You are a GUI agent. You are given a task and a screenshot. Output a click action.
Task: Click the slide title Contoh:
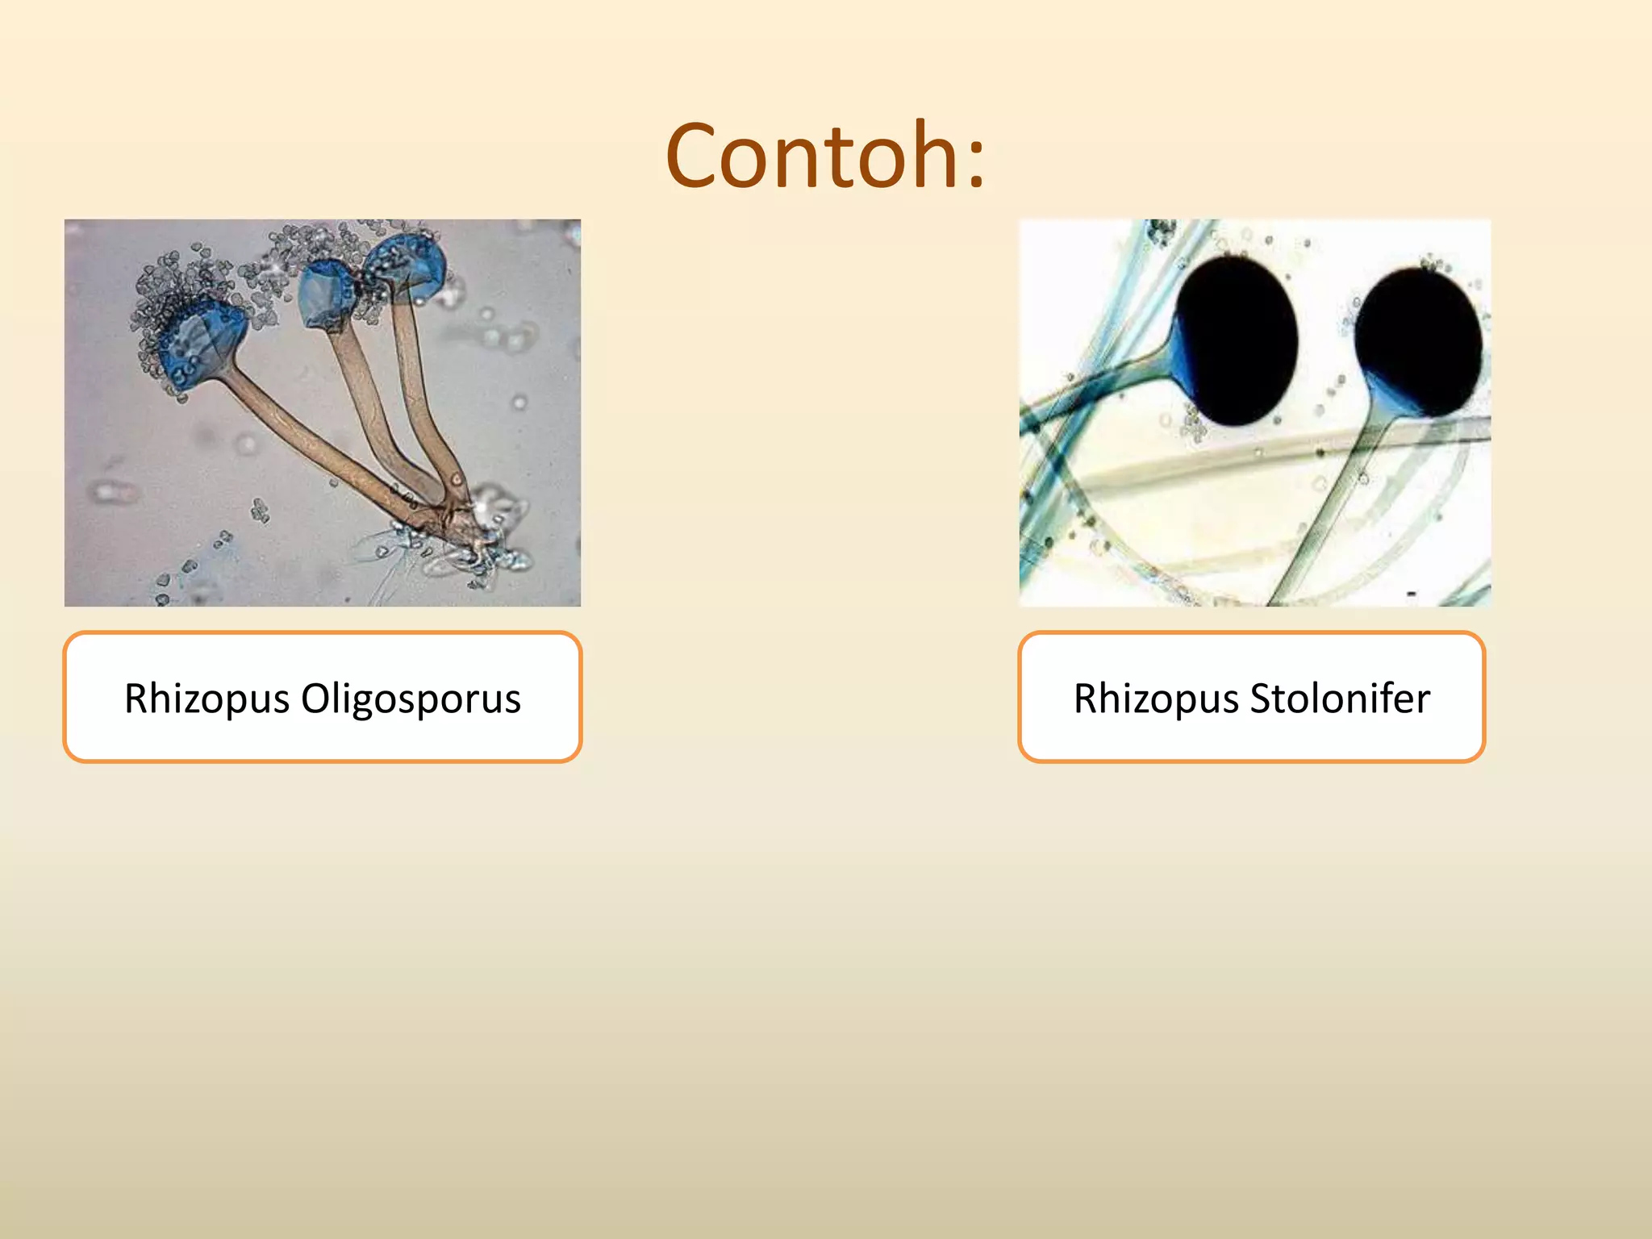tap(824, 155)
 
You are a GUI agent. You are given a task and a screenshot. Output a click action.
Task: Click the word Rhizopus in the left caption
tap(206, 699)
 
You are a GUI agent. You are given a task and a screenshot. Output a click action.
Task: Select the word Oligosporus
tap(411, 699)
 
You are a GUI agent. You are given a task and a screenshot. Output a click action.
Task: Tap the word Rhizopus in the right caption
tap(1155, 699)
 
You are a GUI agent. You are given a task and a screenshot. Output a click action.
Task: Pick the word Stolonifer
tap(1340, 699)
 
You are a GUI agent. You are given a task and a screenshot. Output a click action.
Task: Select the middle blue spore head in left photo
tap(327, 294)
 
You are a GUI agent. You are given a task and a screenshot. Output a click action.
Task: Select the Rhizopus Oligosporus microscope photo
tap(323, 412)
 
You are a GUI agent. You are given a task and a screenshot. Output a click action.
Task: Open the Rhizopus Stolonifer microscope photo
tap(1254, 412)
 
